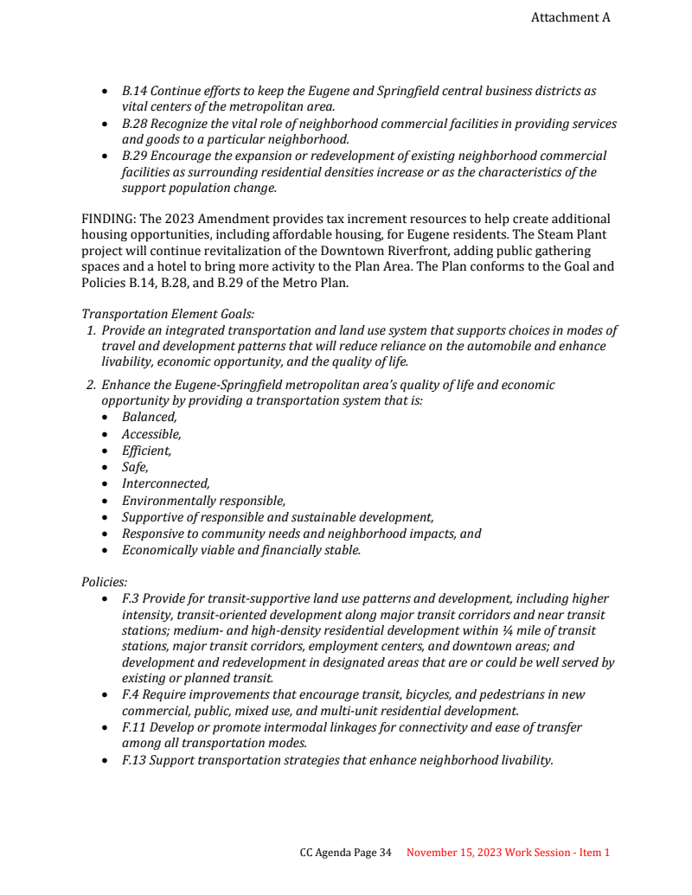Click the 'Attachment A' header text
570,17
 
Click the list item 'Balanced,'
149,418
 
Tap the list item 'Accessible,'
151,434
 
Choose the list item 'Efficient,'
146,451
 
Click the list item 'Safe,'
135,467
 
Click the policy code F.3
131,598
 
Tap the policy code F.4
131,694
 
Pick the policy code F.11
133,727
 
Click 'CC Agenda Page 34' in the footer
345,853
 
